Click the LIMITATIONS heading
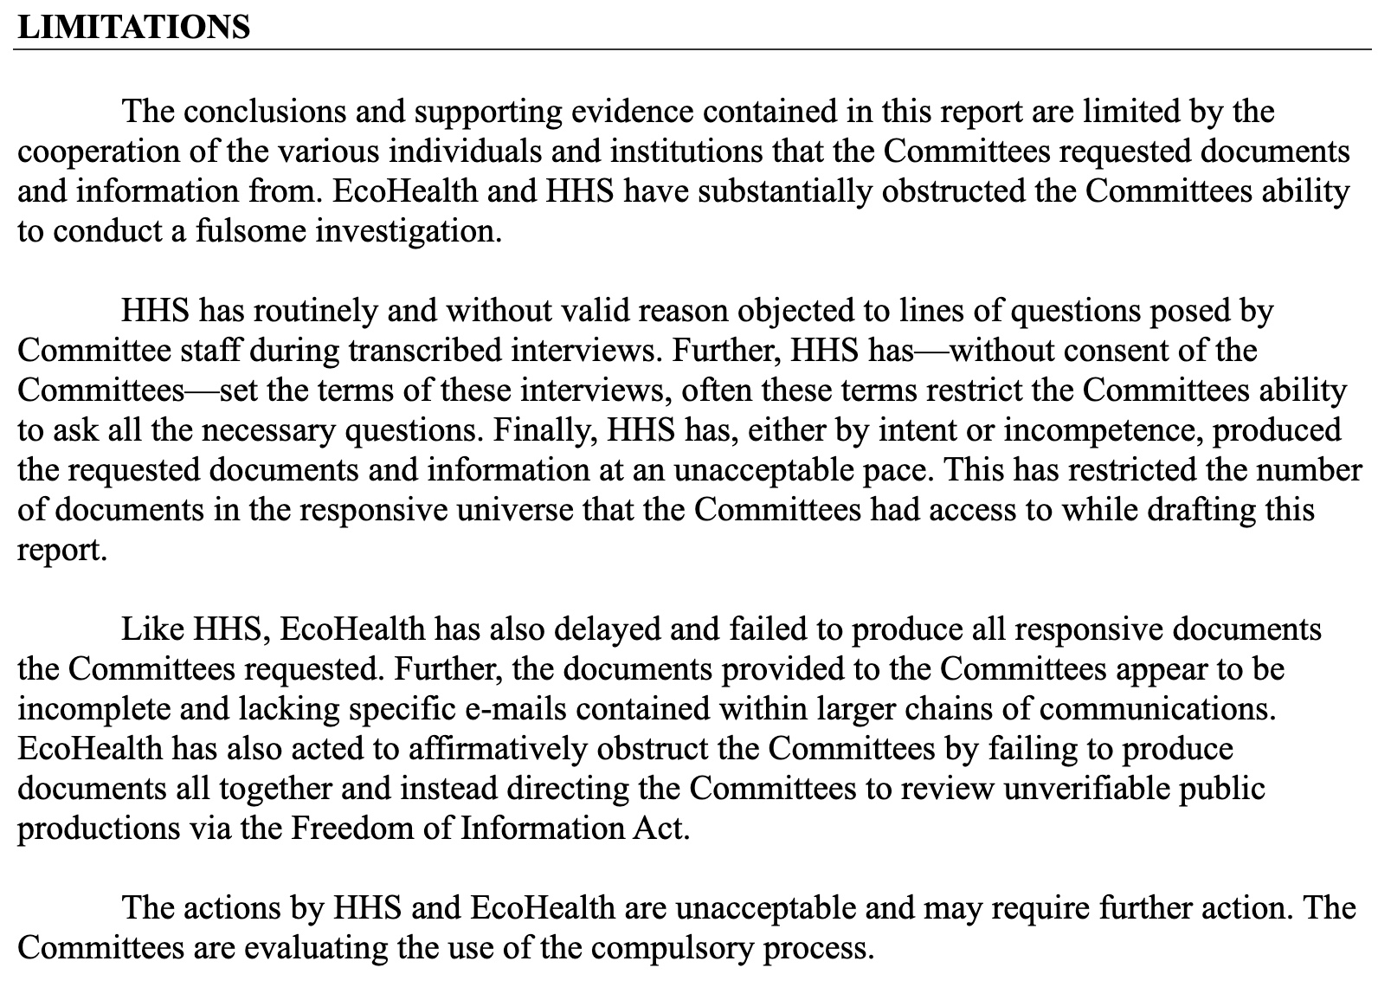133,28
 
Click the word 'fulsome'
241,231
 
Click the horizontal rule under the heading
692,49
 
